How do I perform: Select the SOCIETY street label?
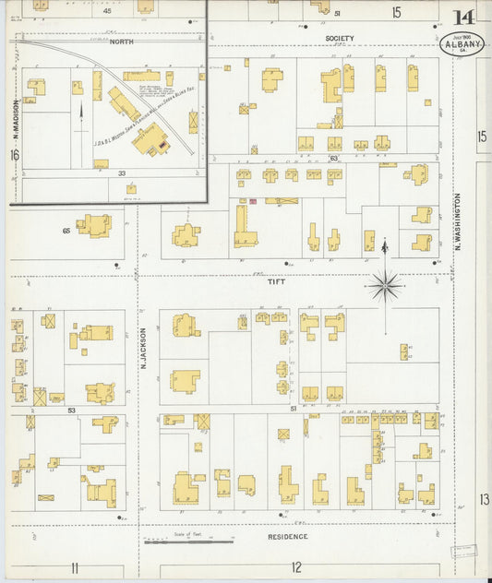point(339,39)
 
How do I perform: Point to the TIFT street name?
point(276,282)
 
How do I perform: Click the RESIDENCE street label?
point(287,536)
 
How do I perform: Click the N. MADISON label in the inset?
point(16,117)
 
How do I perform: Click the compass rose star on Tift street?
point(384,286)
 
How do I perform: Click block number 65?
point(66,230)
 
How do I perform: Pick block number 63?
point(333,159)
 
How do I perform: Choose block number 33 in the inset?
point(121,173)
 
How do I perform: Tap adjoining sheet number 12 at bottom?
point(296,566)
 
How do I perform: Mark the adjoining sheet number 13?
point(484,499)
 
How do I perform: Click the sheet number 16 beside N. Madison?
point(14,156)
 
